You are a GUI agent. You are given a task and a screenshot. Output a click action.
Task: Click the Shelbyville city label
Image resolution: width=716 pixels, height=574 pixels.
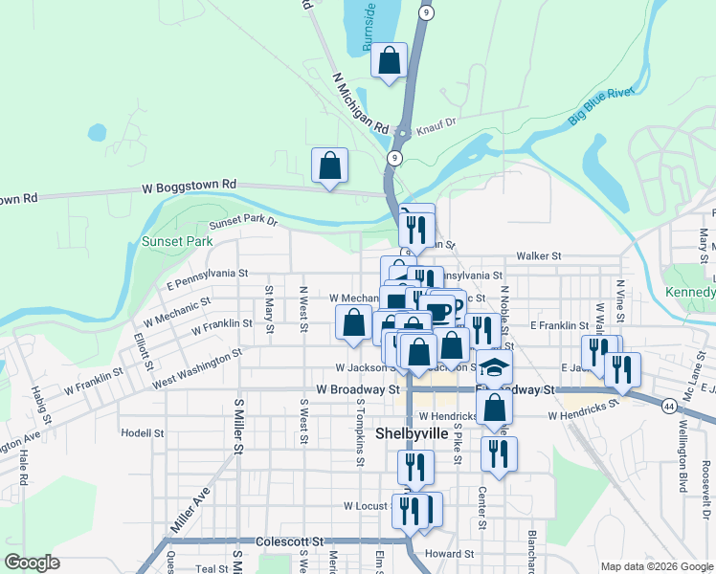[412, 432]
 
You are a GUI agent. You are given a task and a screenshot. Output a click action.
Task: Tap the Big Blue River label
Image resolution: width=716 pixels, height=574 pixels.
[601, 105]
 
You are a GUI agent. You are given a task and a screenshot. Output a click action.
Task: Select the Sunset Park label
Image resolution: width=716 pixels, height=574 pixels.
[177, 241]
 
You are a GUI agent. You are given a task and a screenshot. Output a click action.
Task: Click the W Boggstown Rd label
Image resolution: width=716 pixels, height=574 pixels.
[189, 185]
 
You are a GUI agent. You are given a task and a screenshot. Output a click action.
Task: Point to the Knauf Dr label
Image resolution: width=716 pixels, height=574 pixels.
[436, 122]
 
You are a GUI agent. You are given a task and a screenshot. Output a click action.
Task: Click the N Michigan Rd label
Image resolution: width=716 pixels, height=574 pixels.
[361, 102]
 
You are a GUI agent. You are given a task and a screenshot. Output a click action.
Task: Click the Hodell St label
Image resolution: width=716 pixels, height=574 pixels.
[144, 432]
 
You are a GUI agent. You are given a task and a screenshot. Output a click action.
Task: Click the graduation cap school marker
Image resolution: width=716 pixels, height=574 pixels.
[494, 367]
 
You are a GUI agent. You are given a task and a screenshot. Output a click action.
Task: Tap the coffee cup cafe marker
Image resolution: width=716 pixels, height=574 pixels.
[438, 310]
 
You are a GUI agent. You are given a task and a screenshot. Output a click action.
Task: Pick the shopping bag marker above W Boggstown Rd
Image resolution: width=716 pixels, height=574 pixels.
[329, 166]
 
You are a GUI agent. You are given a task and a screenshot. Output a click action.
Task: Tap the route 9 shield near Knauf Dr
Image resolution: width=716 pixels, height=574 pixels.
[394, 157]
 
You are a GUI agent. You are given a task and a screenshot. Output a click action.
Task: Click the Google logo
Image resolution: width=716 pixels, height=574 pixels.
[33, 563]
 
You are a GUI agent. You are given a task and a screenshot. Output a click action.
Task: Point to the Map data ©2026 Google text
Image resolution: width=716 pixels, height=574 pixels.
[656, 566]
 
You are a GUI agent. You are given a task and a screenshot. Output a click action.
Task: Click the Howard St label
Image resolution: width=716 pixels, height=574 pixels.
[450, 554]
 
